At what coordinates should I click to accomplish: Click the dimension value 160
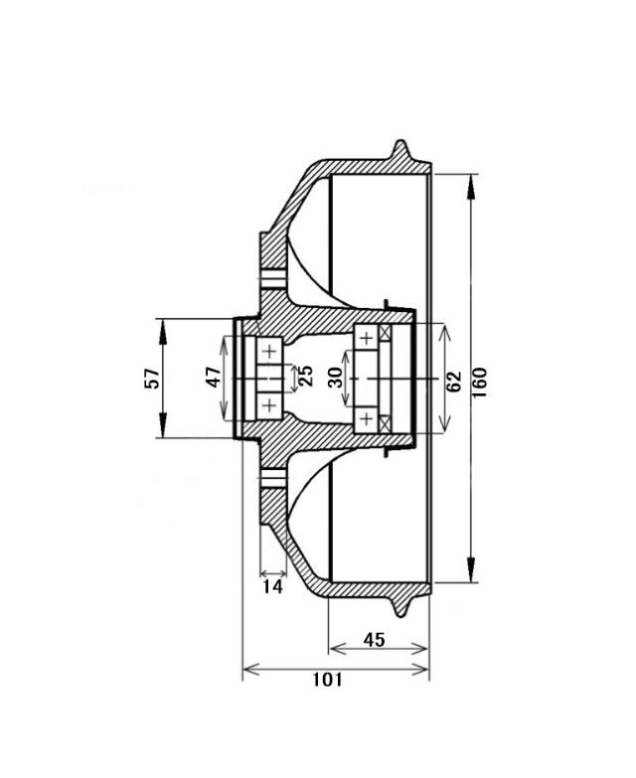[x=480, y=382]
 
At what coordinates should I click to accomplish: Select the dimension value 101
[x=327, y=680]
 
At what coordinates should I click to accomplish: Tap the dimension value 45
[x=374, y=640]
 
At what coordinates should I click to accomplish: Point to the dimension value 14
[x=273, y=586]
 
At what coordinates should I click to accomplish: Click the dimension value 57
[x=152, y=379]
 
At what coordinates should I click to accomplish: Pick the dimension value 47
[x=214, y=378]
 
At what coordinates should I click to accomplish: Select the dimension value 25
[x=306, y=376]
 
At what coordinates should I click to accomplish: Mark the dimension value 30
[x=336, y=378]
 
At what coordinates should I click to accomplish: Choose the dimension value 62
[x=454, y=382]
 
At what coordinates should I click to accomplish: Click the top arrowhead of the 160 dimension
[x=471, y=187]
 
